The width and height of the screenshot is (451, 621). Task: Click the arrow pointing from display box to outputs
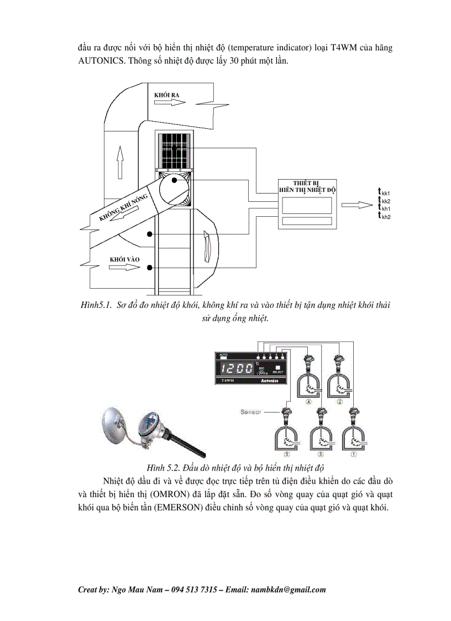point(357,205)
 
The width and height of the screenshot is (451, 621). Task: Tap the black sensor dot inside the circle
point(174,180)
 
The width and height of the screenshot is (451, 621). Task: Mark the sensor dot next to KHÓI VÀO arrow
point(150,268)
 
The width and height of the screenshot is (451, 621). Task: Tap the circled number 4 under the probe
point(310,402)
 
